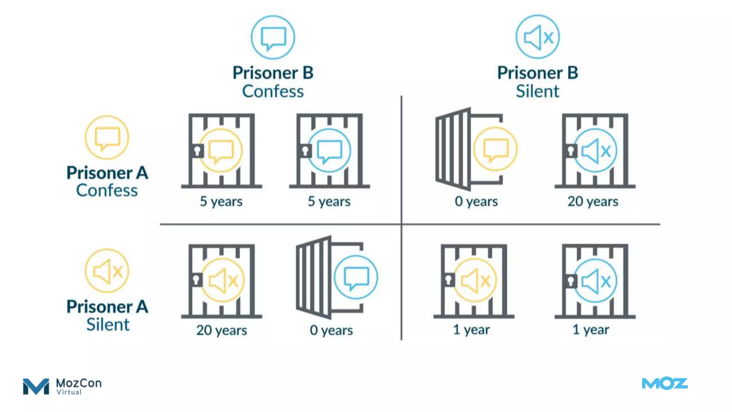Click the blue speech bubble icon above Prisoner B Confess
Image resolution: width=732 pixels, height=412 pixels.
click(273, 37)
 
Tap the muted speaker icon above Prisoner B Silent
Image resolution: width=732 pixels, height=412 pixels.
click(538, 37)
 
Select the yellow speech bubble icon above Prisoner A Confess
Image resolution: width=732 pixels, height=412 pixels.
click(107, 138)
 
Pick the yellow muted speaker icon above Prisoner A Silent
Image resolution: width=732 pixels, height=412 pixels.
click(107, 271)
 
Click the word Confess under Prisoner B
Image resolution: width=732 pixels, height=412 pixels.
click(273, 91)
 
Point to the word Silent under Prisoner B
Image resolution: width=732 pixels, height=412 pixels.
click(537, 91)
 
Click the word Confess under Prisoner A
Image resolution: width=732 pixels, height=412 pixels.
click(107, 190)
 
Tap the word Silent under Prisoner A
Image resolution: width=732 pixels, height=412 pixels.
click(108, 324)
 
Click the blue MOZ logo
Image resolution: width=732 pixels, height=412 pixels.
click(664, 384)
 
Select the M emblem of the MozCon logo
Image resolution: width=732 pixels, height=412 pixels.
click(36, 386)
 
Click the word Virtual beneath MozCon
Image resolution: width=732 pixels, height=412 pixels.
click(69, 392)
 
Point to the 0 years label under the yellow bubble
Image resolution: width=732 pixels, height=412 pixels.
click(476, 202)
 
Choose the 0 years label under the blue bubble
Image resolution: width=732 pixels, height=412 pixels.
click(331, 330)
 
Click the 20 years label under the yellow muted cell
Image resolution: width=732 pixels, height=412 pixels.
click(222, 330)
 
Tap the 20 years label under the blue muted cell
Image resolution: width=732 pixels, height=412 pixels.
click(593, 202)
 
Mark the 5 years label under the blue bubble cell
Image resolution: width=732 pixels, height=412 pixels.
click(329, 202)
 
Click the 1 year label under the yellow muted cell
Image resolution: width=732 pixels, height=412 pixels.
click(471, 330)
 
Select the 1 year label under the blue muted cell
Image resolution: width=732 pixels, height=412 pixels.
click(590, 330)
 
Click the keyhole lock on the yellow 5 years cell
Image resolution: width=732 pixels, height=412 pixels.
click(197, 151)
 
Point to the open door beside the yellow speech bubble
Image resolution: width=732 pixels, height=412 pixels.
click(453, 149)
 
